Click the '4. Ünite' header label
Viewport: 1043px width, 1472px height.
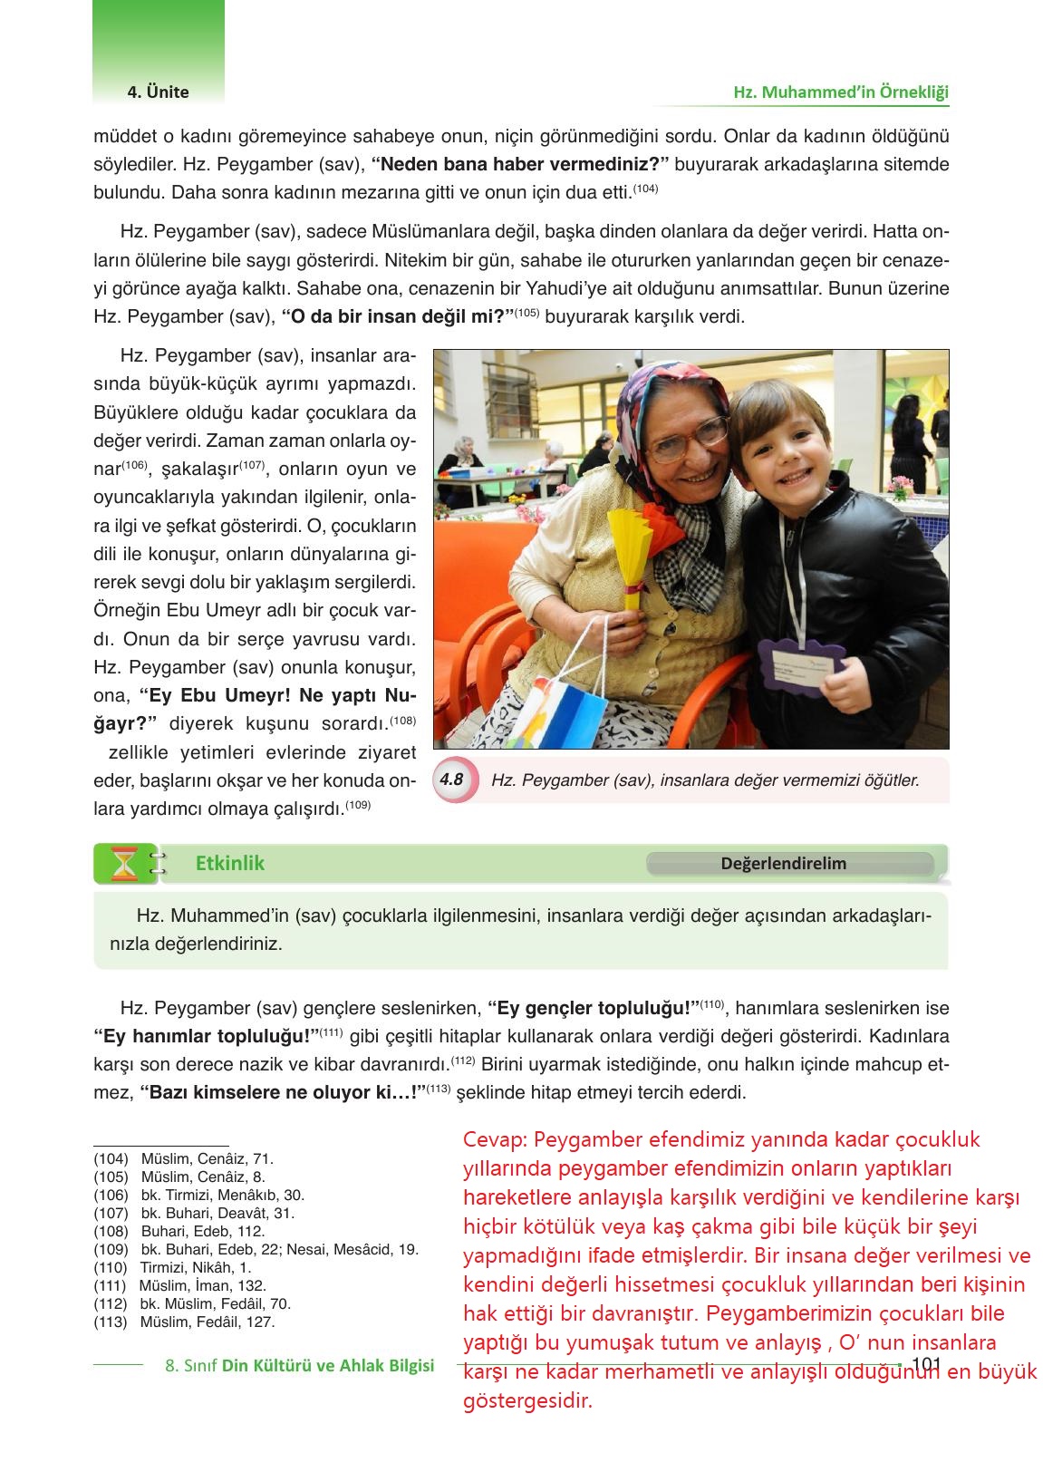(158, 92)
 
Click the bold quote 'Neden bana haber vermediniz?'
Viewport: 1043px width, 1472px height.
(520, 165)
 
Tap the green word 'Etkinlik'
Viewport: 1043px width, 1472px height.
(230, 864)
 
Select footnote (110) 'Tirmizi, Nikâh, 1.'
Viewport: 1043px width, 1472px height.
(173, 1267)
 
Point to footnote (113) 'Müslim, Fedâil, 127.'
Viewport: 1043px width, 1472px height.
(184, 1322)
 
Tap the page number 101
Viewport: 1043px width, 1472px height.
(926, 1365)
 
